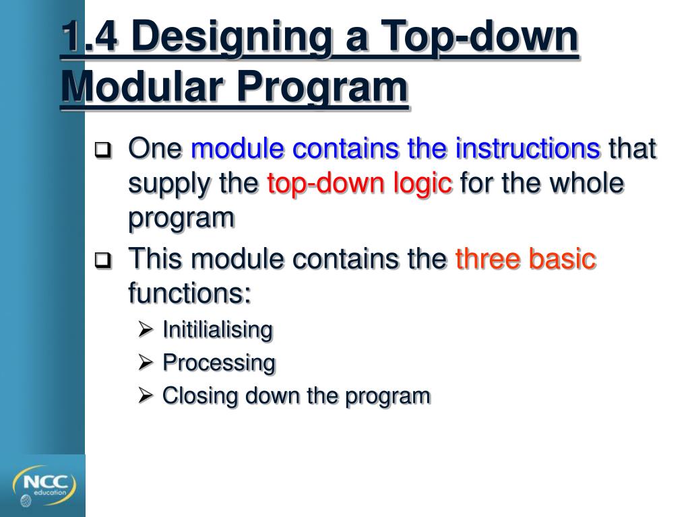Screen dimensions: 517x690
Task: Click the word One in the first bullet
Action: point(155,149)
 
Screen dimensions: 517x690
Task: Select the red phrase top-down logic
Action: point(360,184)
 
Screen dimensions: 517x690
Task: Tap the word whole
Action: point(588,184)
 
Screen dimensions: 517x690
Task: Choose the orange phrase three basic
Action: point(526,259)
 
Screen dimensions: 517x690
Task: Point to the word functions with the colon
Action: point(189,293)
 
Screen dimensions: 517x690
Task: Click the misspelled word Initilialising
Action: point(217,330)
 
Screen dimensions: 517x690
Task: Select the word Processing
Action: point(219,363)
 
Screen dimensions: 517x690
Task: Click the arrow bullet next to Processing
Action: point(146,363)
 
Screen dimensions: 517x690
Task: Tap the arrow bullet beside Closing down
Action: point(146,396)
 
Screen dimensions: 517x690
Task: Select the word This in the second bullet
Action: point(154,259)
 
